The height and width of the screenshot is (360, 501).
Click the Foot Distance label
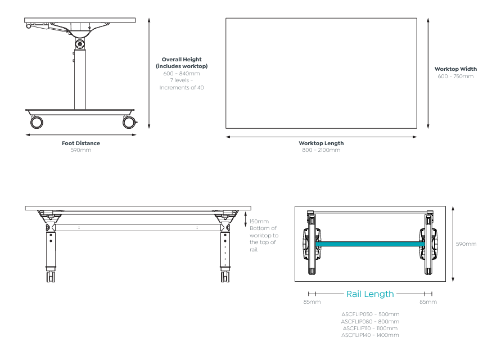point(81,143)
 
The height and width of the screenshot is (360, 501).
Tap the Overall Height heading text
point(181,58)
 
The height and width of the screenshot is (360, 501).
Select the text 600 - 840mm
point(181,73)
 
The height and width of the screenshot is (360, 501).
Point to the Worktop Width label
point(455,69)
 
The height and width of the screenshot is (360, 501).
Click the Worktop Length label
point(321,143)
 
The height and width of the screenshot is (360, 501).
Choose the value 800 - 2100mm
point(321,150)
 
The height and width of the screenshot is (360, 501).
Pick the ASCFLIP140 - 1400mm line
point(370,335)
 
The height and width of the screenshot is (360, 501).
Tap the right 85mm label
point(428,302)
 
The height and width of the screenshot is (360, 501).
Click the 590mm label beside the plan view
point(466,244)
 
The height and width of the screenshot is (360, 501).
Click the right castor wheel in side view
point(129,122)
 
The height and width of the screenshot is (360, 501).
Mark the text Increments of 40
point(181,87)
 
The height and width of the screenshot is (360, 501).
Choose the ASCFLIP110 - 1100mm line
point(370,328)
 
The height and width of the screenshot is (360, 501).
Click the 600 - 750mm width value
point(455,76)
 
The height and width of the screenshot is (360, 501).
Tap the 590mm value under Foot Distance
point(81,150)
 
